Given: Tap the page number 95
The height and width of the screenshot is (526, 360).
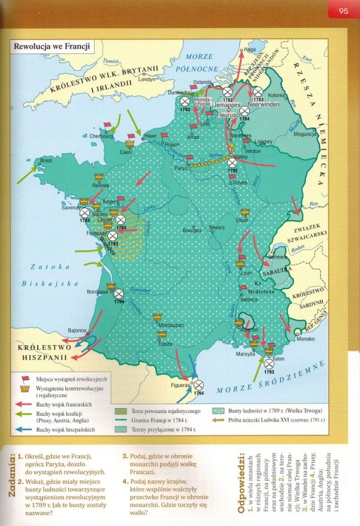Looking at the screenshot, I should [343, 10].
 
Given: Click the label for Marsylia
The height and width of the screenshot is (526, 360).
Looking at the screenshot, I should [246, 353].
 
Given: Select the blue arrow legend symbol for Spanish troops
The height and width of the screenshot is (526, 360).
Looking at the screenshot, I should [26, 429].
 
